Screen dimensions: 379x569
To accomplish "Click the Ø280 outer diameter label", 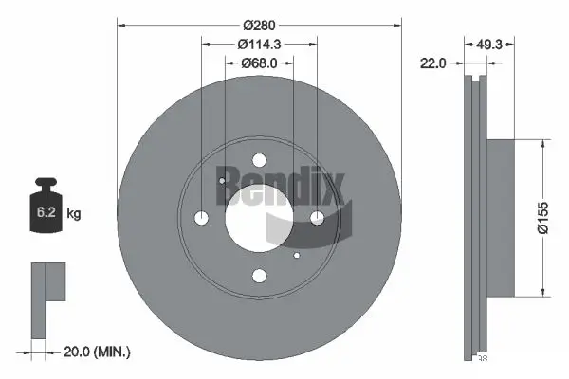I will tap(259, 23).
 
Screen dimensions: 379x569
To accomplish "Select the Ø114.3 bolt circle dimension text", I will tap(259, 43).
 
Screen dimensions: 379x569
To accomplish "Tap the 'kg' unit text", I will tap(74, 214).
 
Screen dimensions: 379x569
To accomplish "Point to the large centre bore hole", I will tap(258, 218).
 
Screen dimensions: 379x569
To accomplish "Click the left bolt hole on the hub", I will tap(201, 218).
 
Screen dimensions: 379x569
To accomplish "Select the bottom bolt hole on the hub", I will tap(258, 276).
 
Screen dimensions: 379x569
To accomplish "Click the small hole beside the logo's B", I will tap(220, 182).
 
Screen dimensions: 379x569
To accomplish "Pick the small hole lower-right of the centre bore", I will tap(297, 255).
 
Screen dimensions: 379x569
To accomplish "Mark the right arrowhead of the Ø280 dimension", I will tap(398, 23).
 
